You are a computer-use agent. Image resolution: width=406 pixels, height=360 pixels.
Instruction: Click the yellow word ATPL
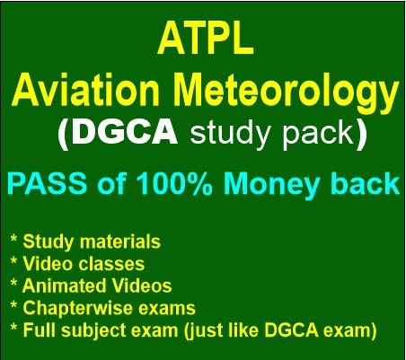click(206, 39)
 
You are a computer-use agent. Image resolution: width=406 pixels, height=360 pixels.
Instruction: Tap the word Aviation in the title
click(85, 89)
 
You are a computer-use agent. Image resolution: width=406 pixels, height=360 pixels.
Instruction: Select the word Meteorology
click(287, 92)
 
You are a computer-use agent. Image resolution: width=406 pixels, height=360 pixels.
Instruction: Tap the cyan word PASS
click(48, 183)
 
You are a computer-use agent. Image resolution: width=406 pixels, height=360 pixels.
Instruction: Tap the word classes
click(111, 263)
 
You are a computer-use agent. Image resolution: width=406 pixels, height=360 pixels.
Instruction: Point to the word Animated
click(64, 285)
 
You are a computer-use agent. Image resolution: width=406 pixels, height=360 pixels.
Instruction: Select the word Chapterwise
click(77, 309)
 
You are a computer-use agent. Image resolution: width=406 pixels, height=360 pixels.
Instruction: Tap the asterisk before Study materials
click(13, 239)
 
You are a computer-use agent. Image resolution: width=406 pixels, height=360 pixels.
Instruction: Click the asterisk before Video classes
click(13, 261)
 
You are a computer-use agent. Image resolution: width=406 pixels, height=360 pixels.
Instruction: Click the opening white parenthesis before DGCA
click(63, 134)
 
